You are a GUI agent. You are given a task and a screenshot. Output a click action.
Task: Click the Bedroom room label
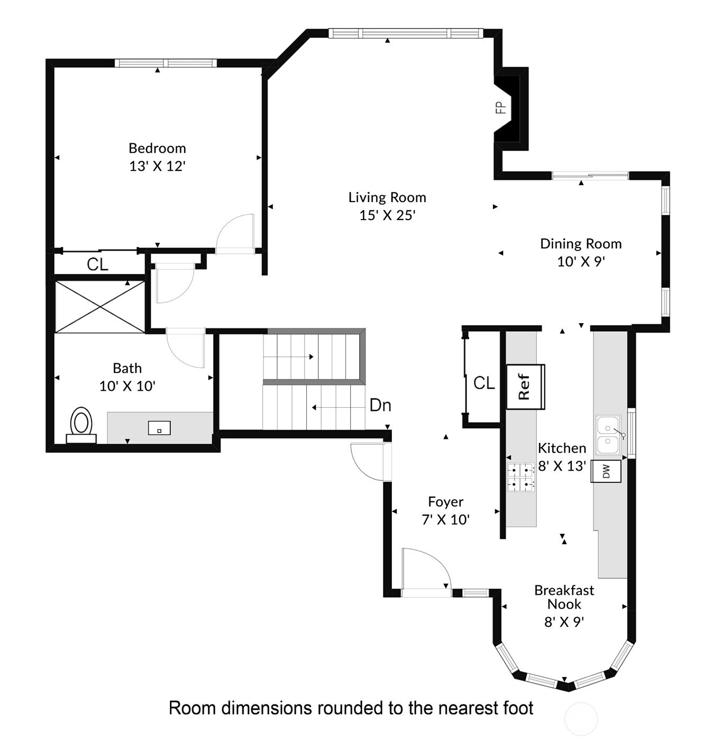(x=157, y=148)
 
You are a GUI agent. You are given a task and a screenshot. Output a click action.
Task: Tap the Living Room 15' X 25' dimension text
(x=387, y=215)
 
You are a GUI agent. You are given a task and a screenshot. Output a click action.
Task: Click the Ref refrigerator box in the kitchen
(x=525, y=387)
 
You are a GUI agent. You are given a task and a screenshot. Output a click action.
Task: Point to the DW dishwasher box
(x=606, y=471)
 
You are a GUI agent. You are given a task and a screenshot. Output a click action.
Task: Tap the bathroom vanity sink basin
(x=159, y=428)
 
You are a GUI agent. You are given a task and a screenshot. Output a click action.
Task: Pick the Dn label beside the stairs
(x=380, y=405)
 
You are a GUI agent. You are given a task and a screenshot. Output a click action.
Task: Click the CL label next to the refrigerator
(x=484, y=382)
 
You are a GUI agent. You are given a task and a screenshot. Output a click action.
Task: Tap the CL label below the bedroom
(x=97, y=264)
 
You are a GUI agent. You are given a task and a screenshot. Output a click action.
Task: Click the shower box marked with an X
(x=100, y=307)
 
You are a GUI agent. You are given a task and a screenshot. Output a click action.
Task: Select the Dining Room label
(x=581, y=244)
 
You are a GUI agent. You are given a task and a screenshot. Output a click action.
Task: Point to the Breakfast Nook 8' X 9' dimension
(x=564, y=622)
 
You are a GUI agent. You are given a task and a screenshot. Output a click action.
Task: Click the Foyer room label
(x=445, y=501)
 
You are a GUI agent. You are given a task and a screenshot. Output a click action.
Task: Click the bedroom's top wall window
(x=166, y=63)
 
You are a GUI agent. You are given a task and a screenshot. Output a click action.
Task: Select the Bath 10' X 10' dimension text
(x=127, y=386)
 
